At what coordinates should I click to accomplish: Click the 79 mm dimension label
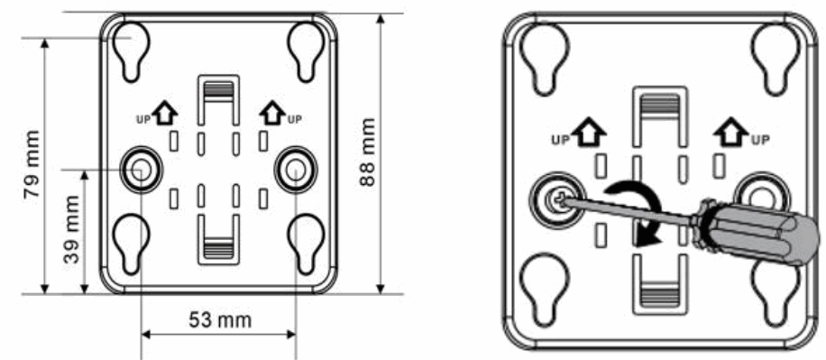pos(30,167)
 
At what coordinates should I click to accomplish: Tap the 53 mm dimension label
pos(219,320)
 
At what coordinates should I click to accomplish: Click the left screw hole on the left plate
pos(141,167)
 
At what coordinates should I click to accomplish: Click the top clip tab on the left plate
pos(217,91)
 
